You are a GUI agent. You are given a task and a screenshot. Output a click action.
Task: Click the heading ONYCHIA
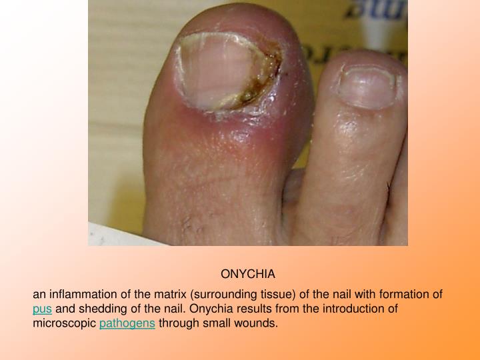(248, 274)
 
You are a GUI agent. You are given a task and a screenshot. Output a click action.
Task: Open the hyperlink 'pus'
(42, 309)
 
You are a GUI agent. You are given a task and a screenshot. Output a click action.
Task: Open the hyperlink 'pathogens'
(127, 324)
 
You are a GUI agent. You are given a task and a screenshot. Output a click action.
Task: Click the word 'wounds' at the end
(258, 324)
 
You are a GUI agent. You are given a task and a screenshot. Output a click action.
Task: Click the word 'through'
(177, 324)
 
